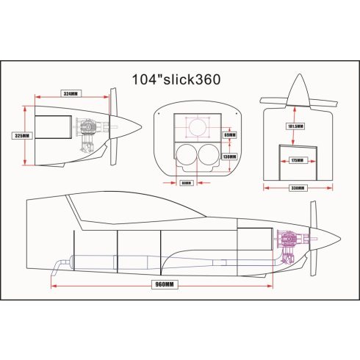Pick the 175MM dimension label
pos(297,159)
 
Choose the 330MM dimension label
pos(297,188)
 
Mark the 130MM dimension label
pos(228,156)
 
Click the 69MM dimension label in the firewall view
pos(228,135)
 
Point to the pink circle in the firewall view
pos(197,128)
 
